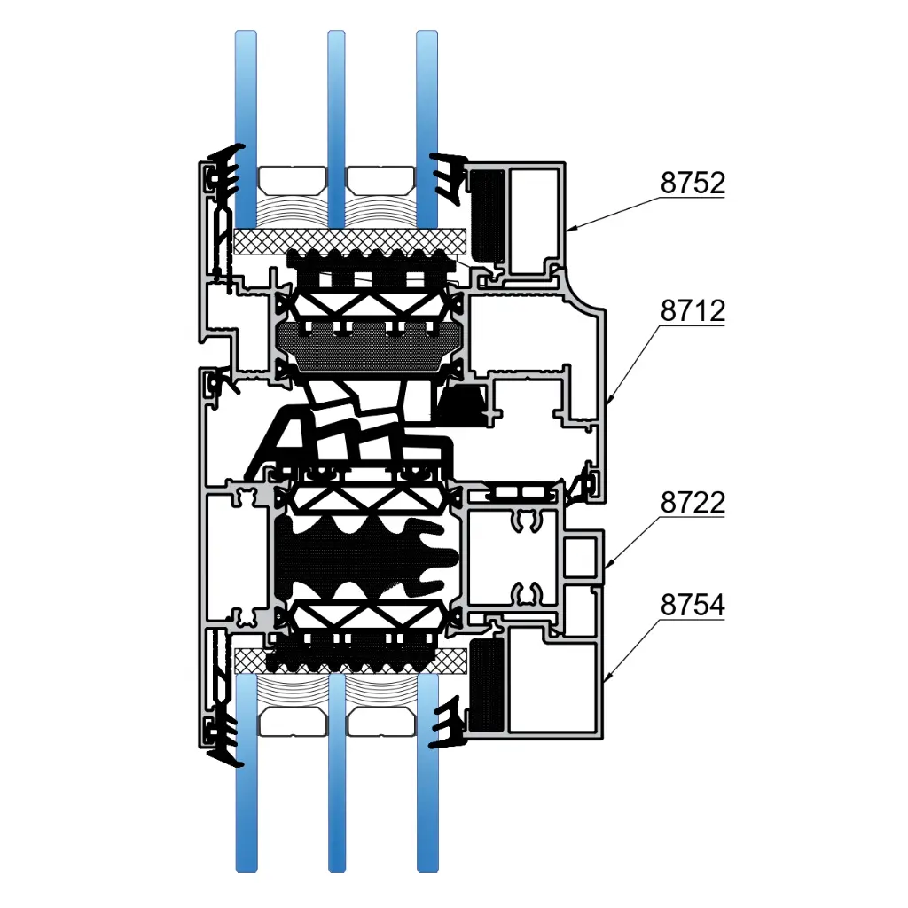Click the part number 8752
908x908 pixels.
pos(693,183)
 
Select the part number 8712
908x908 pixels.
pos(693,311)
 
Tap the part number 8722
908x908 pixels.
pos(693,502)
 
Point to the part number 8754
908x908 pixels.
pos(693,605)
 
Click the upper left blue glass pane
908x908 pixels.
pos(246,129)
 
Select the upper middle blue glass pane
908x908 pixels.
pos(336,129)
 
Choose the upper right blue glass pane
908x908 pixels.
pos(427,129)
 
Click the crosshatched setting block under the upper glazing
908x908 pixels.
pos(350,241)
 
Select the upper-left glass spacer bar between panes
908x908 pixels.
pos(292,181)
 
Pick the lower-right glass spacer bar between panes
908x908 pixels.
pos(380,722)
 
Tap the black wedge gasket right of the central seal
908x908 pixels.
pos(463,404)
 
